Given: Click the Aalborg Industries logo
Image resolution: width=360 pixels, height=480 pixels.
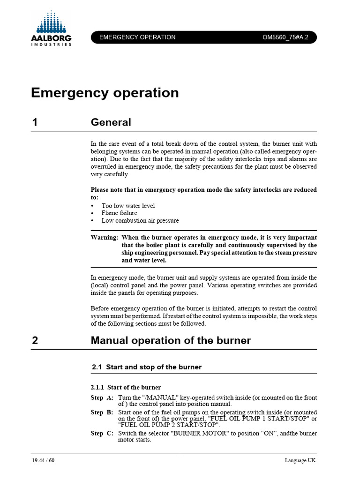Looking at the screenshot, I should pyautogui.click(x=52, y=29).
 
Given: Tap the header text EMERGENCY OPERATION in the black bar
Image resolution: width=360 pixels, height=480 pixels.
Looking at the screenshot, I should pyautogui.click(x=137, y=37).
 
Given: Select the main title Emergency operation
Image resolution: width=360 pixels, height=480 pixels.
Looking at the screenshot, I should pyautogui.click(x=105, y=93).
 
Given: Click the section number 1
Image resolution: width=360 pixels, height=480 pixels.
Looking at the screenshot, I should pyautogui.click(x=35, y=123).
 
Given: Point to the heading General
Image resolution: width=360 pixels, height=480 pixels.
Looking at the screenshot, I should pyautogui.click(x=111, y=123).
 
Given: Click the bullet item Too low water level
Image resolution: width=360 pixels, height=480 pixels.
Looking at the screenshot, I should pyautogui.click(x=128, y=206).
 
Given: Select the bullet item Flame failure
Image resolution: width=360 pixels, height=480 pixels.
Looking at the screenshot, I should pyautogui.click(x=119, y=213).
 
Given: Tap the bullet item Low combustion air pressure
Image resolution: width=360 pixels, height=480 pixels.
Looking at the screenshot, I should pyautogui.click(x=140, y=220).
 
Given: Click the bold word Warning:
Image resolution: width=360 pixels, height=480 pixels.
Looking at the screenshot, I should pyautogui.click(x=104, y=238).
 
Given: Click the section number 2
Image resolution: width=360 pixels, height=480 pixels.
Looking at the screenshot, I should pyautogui.click(x=35, y=341).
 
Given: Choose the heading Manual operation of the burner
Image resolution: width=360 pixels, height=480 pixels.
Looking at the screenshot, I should pyautogui.click(x=171, y=341).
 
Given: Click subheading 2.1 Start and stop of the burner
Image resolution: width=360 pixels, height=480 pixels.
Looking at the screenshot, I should pyautogui.click(x=147, y=367).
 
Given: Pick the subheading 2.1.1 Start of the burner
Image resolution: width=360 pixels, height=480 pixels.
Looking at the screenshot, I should pyautogui.click(x=126, y=387).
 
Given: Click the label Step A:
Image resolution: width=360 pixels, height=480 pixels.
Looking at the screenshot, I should pyautogui.click(x=102, y=397).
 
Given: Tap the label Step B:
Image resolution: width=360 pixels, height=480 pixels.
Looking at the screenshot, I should pyautogui.click(x=102, y=412).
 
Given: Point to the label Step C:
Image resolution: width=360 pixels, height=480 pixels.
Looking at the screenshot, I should pyautogui.click(x=102, y=433).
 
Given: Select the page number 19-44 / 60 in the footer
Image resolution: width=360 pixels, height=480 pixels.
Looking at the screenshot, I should pyautogui.click(x=40, y=460).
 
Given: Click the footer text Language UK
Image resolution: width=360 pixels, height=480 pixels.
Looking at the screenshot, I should pyautogui.click(x=300, y=460).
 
